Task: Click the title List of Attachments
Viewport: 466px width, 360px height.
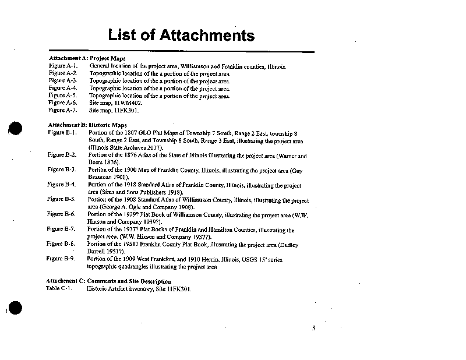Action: point(181,35)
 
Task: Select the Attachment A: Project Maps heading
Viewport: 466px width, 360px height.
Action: point(87,59)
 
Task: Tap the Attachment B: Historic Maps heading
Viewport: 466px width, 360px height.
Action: point(87,125)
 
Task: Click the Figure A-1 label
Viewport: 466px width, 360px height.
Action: point(63,66)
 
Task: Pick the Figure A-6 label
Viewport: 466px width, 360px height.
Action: point(63,103)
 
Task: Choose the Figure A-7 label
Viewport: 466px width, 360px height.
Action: point(63,110)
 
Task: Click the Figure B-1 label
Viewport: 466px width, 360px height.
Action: point(62,133)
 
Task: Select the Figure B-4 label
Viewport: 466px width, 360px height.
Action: point(62,185)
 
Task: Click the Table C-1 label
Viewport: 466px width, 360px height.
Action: point(58,289)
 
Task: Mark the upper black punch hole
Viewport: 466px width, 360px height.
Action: point(16,129)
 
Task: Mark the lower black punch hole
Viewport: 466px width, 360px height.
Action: point(16,309)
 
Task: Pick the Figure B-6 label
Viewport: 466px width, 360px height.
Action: point(61,214)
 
